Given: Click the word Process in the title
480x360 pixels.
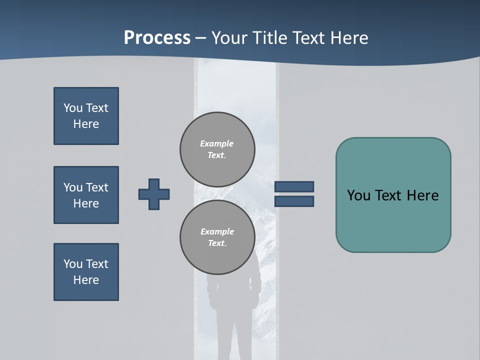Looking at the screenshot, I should pos(157,38).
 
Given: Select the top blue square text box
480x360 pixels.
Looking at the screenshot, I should pos(86,116).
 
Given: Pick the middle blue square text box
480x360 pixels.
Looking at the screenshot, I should pos(86,195).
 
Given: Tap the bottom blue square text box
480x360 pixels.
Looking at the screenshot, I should pos(86,272).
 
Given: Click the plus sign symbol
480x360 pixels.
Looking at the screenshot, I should pos(154,194).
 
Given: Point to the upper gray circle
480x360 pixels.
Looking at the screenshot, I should pos(217,149).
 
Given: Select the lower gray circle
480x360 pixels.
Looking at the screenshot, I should pos(217,237).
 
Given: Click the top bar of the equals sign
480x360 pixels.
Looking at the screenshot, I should pos(294,187).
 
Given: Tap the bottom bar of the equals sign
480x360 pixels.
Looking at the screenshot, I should pos(294,201).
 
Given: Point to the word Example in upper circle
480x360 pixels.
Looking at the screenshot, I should pos(217,143).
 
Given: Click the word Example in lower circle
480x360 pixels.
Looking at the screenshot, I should pos(217,231).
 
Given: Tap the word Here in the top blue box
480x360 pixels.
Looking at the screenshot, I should pos(86,124).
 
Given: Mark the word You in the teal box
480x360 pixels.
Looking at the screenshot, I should pos(358,195).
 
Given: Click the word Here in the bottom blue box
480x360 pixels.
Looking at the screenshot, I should pos(86,280).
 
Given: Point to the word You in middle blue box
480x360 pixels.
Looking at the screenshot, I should pos(73,187).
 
